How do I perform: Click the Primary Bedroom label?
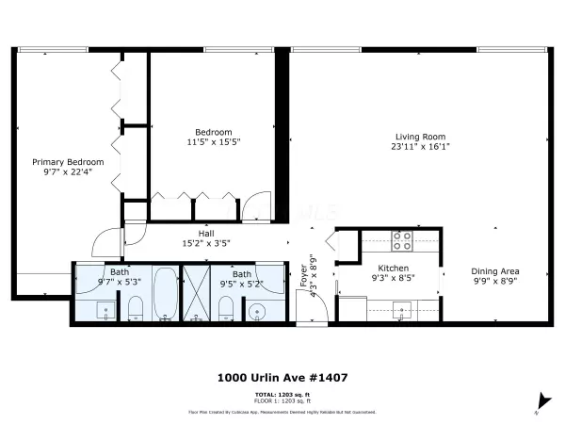67,162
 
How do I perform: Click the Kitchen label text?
393,269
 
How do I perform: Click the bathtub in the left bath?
164,294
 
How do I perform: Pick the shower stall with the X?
198,294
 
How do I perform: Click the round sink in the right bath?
258,310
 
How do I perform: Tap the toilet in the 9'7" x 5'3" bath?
135,309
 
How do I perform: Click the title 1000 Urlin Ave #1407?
282,378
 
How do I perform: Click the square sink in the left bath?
105,310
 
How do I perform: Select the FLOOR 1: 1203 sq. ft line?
282,400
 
